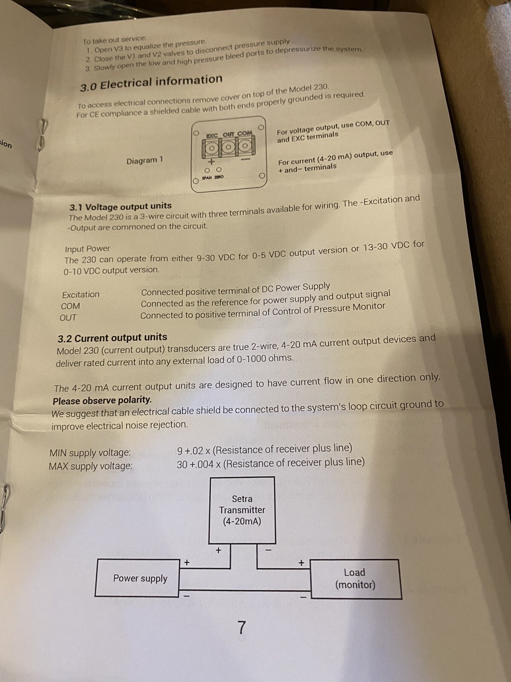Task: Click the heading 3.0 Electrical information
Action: click(151, 83)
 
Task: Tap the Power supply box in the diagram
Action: click(137, 578)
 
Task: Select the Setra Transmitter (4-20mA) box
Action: click(242, 510)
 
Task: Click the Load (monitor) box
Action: click(356, 579)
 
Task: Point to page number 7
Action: click(242, 627)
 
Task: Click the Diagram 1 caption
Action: click(145, 161)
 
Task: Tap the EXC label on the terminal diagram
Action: click(212, 136)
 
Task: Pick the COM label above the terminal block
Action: click(245, 133)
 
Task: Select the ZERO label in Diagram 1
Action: click(219, 177)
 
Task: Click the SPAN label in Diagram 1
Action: click(207, 178)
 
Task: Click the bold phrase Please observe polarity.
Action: click(102, 401)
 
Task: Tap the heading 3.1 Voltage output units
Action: click(121, 206)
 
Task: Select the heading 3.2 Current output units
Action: click(112, 338)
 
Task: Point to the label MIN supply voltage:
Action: click(90, 452)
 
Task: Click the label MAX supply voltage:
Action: click(90, 466)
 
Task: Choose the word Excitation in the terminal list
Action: click(80, 294)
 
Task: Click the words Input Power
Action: click(87, 249)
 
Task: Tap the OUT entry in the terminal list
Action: click(68, 318)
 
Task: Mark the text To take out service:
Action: click(114, 40)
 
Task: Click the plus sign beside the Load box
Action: click(301, 562)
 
